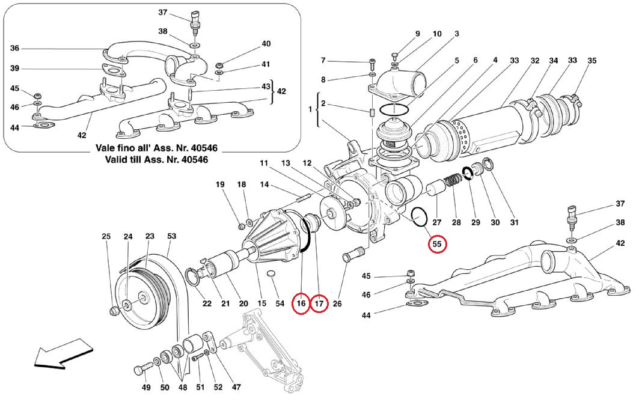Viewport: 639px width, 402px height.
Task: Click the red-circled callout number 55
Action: (x=437, y=245)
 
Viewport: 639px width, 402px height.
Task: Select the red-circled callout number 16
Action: (x=301, y=304)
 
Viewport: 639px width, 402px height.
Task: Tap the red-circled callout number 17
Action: (x=319, y=304)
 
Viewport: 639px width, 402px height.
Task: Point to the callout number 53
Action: (x=171, y=236)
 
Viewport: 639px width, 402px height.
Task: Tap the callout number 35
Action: (x=592, y=61)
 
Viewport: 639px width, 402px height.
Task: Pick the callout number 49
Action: (x=146, y=388)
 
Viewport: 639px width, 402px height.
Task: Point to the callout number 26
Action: (x=337, y=304)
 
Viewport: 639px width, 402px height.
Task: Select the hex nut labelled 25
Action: (x=112, y=311)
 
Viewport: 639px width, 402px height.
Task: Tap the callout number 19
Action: (x=219, y=184)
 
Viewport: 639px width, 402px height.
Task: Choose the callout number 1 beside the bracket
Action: (x=311, y=111)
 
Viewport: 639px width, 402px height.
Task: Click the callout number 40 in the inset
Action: (x=266, y=44)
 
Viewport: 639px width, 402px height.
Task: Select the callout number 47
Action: (x=237, y=388)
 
